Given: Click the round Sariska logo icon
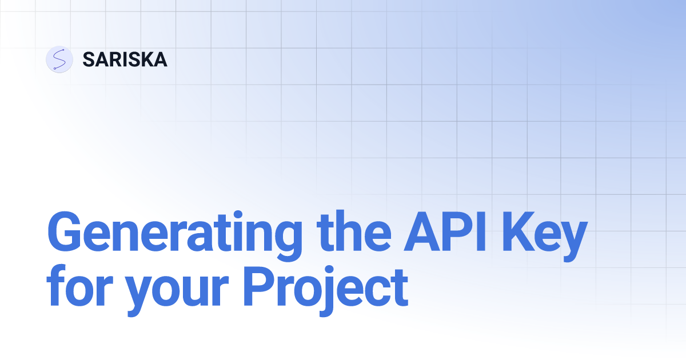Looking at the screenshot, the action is (x=59, y=59).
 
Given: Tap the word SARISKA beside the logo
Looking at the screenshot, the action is (x=125, y=59).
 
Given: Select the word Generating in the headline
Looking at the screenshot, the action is (x=175, y=235).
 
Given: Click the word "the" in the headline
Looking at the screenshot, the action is (x=354, y=231).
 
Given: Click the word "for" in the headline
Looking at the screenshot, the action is (x=79, y=286).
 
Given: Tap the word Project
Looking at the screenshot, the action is (x=325, y=291).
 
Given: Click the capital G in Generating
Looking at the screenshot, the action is (x=63, y=231).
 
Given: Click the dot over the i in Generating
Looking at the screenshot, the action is (x=238, y=214).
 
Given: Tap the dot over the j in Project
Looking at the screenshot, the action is (x=329, y=270).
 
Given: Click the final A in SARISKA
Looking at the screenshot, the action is (x=160, y=59).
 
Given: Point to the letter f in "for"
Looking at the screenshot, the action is (x=56, y=286).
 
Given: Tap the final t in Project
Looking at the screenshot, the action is (x=398, y=289).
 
